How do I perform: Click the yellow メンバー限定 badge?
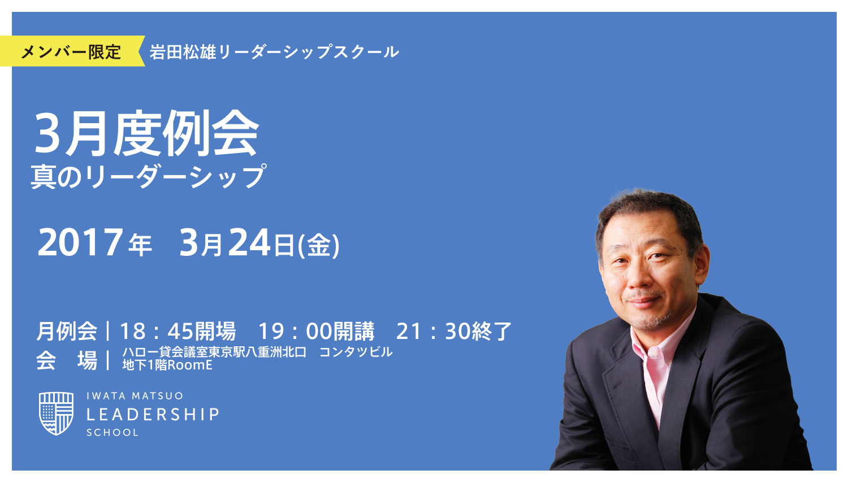71,51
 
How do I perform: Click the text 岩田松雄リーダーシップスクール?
274,52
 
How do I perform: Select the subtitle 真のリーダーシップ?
148,176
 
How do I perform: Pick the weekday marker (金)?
319,246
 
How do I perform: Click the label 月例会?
67,331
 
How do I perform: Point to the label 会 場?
67,360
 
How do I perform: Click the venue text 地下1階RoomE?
167,365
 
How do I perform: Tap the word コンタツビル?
356,352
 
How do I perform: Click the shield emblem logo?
56,414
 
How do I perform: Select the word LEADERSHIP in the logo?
153,415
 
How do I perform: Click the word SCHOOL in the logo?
113,433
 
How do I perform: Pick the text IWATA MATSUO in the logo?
135,396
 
